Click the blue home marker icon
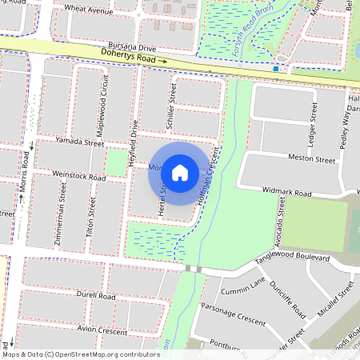click(180, 172)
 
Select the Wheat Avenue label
click(89, 10)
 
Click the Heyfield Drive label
click(135, 138)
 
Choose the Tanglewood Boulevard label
click(293, 259)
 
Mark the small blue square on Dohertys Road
click(276, 69)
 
